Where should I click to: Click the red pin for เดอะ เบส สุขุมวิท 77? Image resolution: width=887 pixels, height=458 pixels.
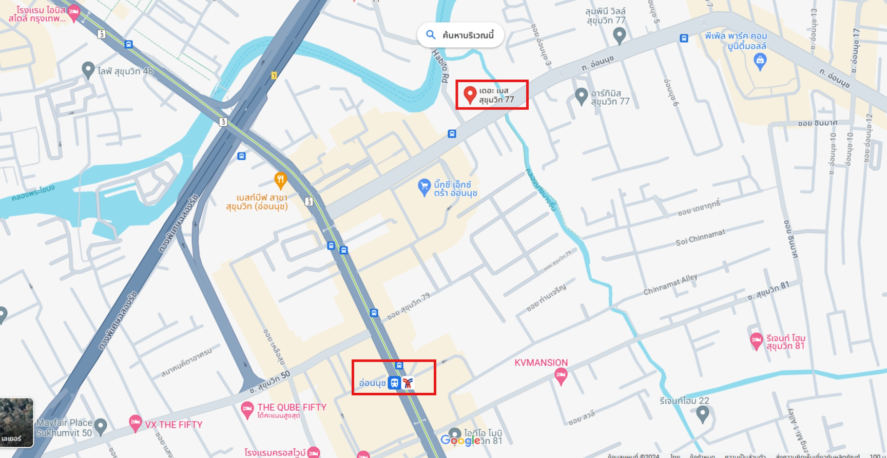pos(469,94)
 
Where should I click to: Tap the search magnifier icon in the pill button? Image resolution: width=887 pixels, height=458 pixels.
pos(431,35)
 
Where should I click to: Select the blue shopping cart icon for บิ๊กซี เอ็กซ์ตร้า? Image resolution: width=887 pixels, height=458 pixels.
pos(424,187)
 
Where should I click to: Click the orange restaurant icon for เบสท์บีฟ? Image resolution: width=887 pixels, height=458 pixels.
pos(280,180)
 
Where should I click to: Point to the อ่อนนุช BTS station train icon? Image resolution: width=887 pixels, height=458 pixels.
pos(394,383)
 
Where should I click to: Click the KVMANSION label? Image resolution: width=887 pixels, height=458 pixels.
pos(541,362)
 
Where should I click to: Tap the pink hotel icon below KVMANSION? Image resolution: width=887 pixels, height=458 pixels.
pos(561,377)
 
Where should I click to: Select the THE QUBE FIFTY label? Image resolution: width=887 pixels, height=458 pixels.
pos(292,407)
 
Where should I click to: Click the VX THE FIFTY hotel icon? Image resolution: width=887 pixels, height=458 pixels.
pos(135,424)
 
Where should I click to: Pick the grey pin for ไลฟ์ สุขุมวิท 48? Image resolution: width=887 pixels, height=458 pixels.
pos(88,70)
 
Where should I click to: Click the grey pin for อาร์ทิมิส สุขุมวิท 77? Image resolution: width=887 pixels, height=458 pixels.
pos(581,96)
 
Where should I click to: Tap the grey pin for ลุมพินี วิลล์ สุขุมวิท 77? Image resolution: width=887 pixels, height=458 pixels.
pos(620,35)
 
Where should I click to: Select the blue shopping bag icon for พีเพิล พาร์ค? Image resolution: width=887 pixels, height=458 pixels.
pos(760,61)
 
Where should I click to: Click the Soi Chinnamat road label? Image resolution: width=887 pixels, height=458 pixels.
pos(700,237)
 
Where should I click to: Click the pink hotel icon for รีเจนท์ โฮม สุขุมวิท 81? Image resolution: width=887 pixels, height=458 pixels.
pos(756,340)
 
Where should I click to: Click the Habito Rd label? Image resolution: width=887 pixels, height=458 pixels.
pos(440,66)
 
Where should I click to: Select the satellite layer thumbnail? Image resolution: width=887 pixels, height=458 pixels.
pos(16,422)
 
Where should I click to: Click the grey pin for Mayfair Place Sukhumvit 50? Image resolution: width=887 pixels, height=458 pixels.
pos(101,426)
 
